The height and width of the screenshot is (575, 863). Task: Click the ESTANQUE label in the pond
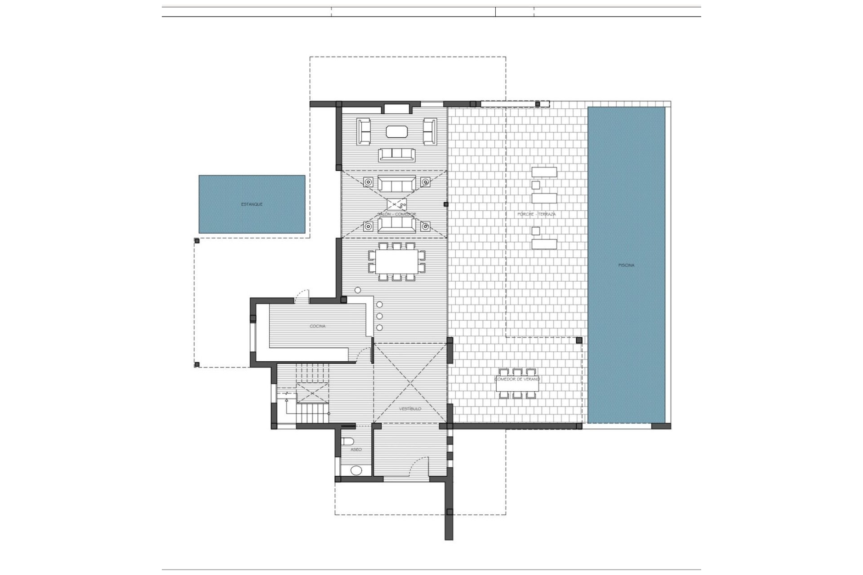pos(252,204)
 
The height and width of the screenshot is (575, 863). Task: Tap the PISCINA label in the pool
pos(626,265)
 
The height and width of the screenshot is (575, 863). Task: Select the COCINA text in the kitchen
pos(317,326)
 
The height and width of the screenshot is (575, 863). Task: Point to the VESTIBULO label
pos(410,409)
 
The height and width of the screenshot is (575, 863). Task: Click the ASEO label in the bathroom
pos(356,449)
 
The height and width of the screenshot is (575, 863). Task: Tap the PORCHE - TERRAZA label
pos(536,214)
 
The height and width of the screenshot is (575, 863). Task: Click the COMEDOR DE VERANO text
pos(517,379)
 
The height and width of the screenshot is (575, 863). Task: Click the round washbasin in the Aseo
pos(356,470)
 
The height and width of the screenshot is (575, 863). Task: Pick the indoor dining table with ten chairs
pos(396,261)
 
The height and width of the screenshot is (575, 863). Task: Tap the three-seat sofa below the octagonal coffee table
pos(397,155)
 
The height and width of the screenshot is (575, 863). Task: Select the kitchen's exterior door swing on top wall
pos(302,295)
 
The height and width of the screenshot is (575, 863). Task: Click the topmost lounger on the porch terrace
pos(544,172)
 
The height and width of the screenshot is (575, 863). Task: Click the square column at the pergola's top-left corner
pos(196,241)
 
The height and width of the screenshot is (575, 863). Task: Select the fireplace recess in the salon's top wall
pos(396,108)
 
